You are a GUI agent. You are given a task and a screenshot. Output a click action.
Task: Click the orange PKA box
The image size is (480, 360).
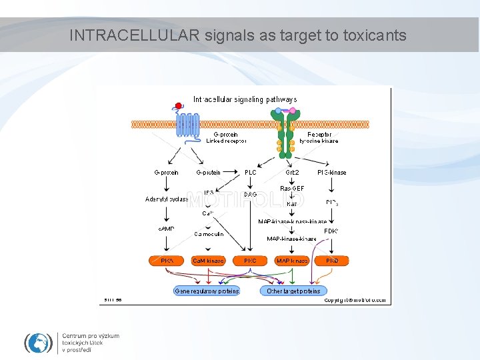167,261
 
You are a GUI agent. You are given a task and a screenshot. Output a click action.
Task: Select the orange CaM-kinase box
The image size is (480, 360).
208,261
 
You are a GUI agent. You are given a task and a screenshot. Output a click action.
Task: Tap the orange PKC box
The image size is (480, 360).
250,261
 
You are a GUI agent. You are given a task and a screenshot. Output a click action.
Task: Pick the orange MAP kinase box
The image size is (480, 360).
292,261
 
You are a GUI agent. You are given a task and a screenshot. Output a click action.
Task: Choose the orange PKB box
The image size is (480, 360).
332,261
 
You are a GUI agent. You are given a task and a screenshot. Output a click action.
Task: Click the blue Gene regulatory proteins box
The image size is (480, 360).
207,291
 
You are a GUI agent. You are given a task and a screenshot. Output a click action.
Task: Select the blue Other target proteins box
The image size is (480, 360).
293,291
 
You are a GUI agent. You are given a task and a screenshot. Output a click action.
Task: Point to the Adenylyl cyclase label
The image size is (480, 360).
167,199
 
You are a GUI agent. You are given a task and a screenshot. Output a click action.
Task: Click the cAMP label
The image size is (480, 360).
166,229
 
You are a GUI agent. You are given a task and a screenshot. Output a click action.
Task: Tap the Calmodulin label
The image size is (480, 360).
209,234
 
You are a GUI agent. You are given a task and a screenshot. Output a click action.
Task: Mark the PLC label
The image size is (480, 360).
250,173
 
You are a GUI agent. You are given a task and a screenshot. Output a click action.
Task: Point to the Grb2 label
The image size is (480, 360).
292,173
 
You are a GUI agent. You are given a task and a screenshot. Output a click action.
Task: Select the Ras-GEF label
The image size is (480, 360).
292,189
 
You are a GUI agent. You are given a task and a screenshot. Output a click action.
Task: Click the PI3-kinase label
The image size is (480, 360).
332,173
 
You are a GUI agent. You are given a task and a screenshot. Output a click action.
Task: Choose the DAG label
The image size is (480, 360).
250,194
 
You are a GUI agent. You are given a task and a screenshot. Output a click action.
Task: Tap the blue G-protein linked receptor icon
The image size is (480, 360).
187,125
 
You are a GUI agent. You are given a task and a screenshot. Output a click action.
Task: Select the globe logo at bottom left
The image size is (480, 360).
39,343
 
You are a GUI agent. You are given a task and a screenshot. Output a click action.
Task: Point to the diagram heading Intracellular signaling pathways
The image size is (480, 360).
245,100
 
